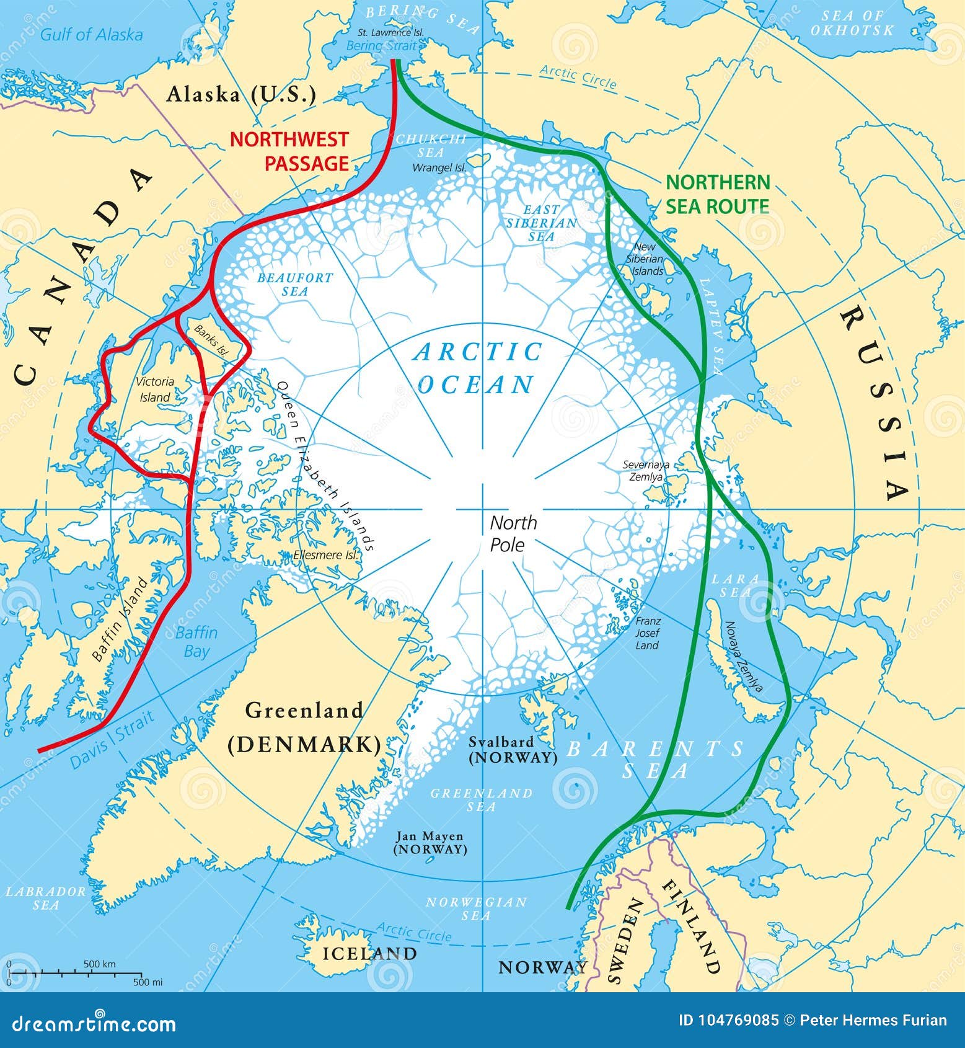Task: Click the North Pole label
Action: pos(513,533)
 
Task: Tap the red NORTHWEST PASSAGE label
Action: pos(289,151)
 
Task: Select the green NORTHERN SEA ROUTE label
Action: pos(718,194)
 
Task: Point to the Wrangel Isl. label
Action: pos(439,167)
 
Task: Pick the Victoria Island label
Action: pos(155,389)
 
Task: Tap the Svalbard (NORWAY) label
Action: pos(513,750)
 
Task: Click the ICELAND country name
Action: pos(369,953)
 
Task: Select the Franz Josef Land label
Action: pos(648,633)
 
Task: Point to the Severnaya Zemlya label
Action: pos(646,471)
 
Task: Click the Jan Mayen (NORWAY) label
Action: pos(430,843)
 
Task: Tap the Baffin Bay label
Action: pos(196,642)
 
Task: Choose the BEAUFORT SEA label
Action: pos(295,284)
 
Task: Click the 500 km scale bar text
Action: pos(100,964)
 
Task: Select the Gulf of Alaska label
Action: pos(91,34)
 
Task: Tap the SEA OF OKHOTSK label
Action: pos(852,22)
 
